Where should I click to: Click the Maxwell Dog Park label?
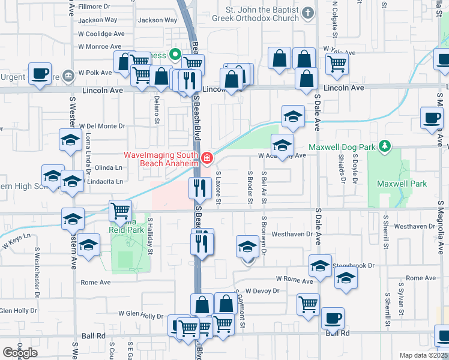[x=342, y=147]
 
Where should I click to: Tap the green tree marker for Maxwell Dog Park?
[x=385, y=146]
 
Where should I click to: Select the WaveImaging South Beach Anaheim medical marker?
[x=207, y=158]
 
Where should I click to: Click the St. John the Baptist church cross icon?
[x=308, y=13]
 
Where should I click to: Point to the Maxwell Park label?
[x=402, y=184]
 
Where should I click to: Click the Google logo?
[x=20, y=352]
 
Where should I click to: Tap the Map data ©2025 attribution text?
[x=424, y=355]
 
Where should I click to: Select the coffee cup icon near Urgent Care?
[x=41, y=74]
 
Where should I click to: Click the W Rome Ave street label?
[x=294, y=280]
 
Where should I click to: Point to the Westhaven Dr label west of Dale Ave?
[x=292, y=234]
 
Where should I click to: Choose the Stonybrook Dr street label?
[x=355, y=265]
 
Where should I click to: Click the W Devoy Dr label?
[x=262, y=290]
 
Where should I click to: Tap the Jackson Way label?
[x=157, y=20]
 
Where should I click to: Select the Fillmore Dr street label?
[x=94, y=7]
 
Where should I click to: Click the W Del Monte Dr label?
[x=102, y=127]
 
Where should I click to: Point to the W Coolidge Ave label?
[x=101, y=34]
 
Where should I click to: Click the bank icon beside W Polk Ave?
[x=68, y=75]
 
